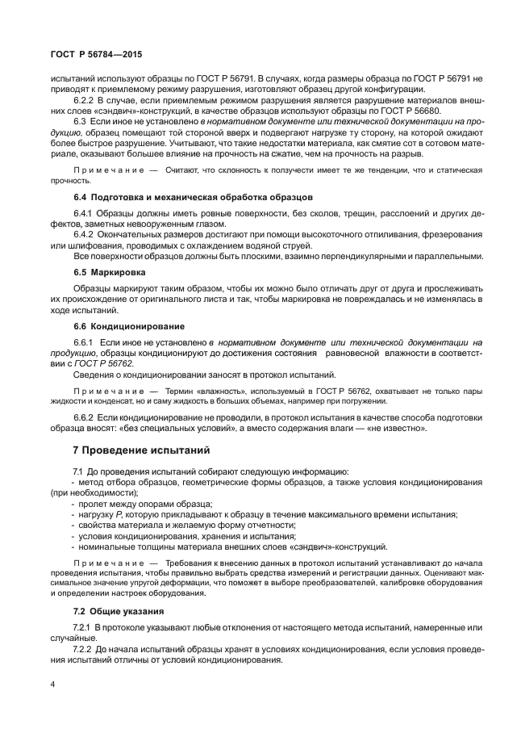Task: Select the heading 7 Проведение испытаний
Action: [130, 449]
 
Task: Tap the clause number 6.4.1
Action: [84, 212]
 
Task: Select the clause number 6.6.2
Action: [85, 417]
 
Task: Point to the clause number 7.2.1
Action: [84, 626]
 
